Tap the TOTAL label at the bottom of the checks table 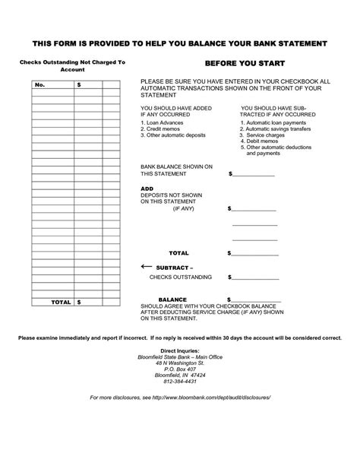pos(61,302)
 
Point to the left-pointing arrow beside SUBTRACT pos(147,267)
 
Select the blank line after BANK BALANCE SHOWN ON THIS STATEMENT pos(254,175)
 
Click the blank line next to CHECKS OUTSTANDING pos(254,277)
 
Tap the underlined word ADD pos(147,188)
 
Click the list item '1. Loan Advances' pos(163,122)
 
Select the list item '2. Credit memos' pos(163,128)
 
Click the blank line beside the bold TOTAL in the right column pos(254,253)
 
